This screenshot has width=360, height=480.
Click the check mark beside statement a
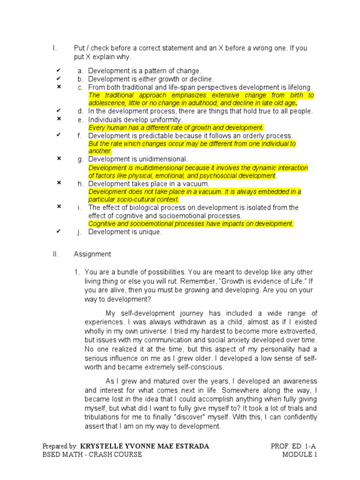59,70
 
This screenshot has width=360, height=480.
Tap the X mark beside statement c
59,87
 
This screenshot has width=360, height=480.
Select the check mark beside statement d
59,111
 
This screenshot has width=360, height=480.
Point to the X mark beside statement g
59,158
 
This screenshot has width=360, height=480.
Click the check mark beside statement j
59,231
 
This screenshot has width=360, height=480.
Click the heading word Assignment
92,254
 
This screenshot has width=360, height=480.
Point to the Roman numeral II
55,254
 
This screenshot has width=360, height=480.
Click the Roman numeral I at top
54,48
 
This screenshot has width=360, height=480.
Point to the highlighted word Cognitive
102,224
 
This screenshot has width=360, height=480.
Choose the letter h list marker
80,184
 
